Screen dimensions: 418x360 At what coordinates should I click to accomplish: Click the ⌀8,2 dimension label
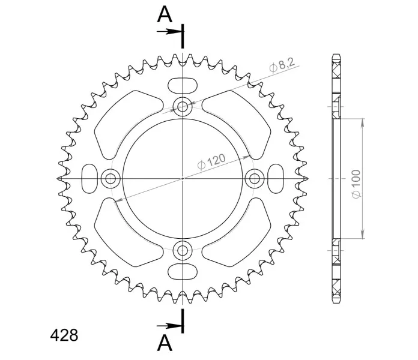[282, 65]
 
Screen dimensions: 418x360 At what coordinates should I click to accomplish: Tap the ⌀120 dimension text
[211, 161]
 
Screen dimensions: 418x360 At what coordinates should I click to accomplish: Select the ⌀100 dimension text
[356, 184]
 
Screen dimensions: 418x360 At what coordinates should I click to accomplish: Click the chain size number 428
[64, 335]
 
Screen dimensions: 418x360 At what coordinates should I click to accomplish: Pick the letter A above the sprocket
[165, 14]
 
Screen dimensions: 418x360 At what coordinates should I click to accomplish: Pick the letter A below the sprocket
[165, 343]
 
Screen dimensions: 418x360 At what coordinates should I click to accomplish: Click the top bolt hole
[183, 107]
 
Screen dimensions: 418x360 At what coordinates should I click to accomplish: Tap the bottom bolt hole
[183, 250]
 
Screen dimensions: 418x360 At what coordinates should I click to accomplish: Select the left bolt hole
[111, 178]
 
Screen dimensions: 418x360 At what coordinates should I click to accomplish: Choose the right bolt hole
[255, 178]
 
